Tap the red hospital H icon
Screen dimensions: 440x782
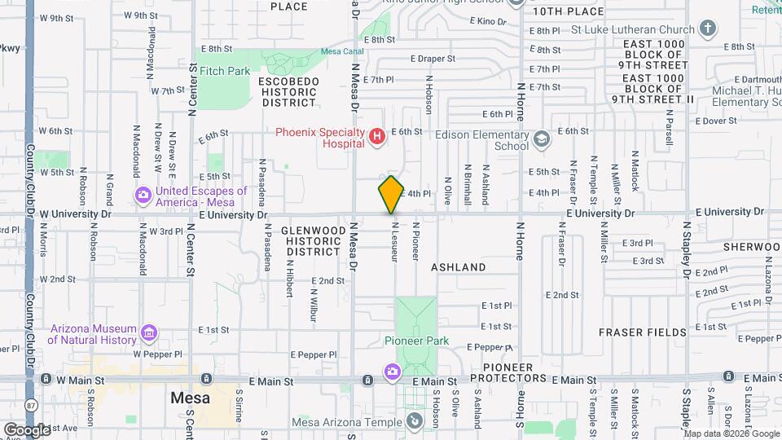(x=376, y=137)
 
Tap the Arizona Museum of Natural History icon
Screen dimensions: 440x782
(x=147, y=333)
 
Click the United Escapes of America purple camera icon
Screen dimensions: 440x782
(x=143, y=195)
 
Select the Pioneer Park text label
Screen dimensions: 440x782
(x=417, y=341)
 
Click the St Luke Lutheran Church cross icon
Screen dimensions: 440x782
(x=708, y=29)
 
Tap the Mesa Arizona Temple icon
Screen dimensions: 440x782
(x=415, y=421)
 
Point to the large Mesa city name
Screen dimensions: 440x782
(x=191, y=398)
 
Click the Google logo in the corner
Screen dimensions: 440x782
(x=26, y=429)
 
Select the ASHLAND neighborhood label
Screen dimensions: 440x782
(x=458, y=267)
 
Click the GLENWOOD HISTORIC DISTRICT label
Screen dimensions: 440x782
(x=313, y=242)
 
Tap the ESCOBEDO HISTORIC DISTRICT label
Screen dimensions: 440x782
(x=288, y=92)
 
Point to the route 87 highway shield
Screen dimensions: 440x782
(x=31, y=404)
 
